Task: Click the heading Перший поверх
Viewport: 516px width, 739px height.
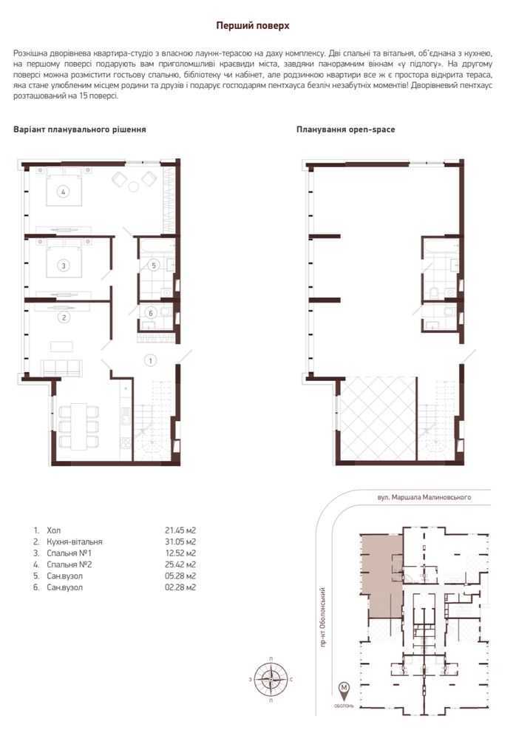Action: click(x=252, y=25)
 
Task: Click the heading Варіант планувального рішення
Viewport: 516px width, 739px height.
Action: click(x=79, y=129)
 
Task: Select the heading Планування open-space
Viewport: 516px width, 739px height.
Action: click(x=345, y=129)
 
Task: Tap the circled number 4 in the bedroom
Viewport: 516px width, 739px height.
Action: click(x=64, y=192)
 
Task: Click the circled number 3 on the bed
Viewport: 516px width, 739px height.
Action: click(x=64, y=265)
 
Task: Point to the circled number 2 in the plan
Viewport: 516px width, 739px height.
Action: click(x=64, y=318)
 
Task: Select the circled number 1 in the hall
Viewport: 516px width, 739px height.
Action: click(x=150, y=360)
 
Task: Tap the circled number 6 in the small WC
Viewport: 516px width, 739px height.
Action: click(x=151, y=313)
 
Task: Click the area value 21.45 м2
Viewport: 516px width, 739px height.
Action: click(x=180, y=530)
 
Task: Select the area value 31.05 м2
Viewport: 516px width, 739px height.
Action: click(x=180, y=541)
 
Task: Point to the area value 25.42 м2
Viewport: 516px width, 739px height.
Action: click(x=180, y=564)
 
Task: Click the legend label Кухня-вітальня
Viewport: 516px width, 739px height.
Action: click(x=74, y=541)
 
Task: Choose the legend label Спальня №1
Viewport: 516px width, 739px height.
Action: click(x=69, y=553)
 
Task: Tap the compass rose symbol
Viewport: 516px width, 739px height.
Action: click(x=271, y=678)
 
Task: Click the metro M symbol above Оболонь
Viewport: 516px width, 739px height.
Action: click(x=344, y=689)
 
